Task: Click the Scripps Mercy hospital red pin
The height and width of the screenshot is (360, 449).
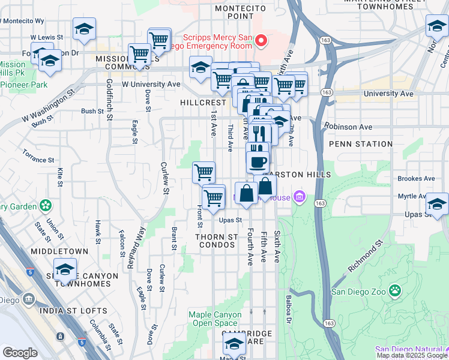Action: click(261, 41)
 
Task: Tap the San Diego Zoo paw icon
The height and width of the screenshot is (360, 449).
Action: click(394, 292)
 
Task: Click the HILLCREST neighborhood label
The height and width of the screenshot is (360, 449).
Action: click(203, 103)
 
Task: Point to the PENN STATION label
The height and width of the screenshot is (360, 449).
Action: click(356, 144)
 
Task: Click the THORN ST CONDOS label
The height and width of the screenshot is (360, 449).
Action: click(217, 241)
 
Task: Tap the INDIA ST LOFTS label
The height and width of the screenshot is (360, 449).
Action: click(73, 311)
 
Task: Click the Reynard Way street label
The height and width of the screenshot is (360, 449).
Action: click(136, 247)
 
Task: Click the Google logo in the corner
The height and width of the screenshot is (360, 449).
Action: click(20, 353)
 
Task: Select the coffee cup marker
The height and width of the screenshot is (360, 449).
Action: click(258, 161)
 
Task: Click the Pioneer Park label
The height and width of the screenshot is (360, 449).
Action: click(24, 85)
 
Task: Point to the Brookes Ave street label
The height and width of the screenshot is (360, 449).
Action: click(416, 179)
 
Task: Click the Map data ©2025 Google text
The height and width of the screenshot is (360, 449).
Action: click(412, 355)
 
